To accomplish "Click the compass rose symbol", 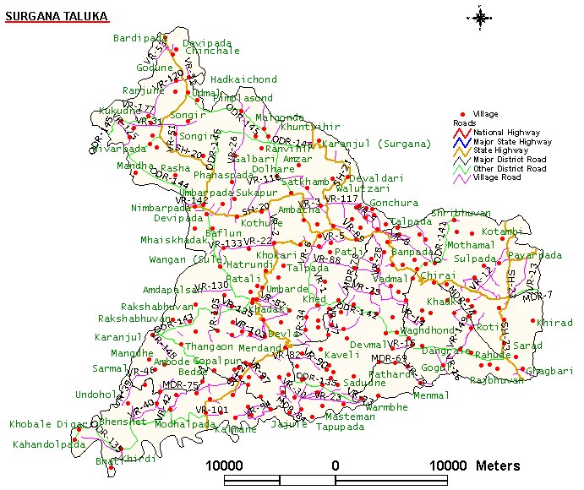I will coord(480,17).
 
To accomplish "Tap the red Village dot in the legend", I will coord(462,114).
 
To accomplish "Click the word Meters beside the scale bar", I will coord(499,465).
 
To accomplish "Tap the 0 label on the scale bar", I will coord(336,465).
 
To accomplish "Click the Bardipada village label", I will coord(137,38).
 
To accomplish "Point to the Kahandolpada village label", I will coord(48,444).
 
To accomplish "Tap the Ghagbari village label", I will coord(549,370).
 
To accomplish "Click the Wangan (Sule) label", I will coord(187,259).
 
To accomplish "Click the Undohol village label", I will coord(96,395).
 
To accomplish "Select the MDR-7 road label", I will coord(538,294).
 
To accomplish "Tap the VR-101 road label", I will coord(212,410).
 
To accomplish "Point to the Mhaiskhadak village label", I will coord(173,240).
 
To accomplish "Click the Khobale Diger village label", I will coord(47,424).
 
